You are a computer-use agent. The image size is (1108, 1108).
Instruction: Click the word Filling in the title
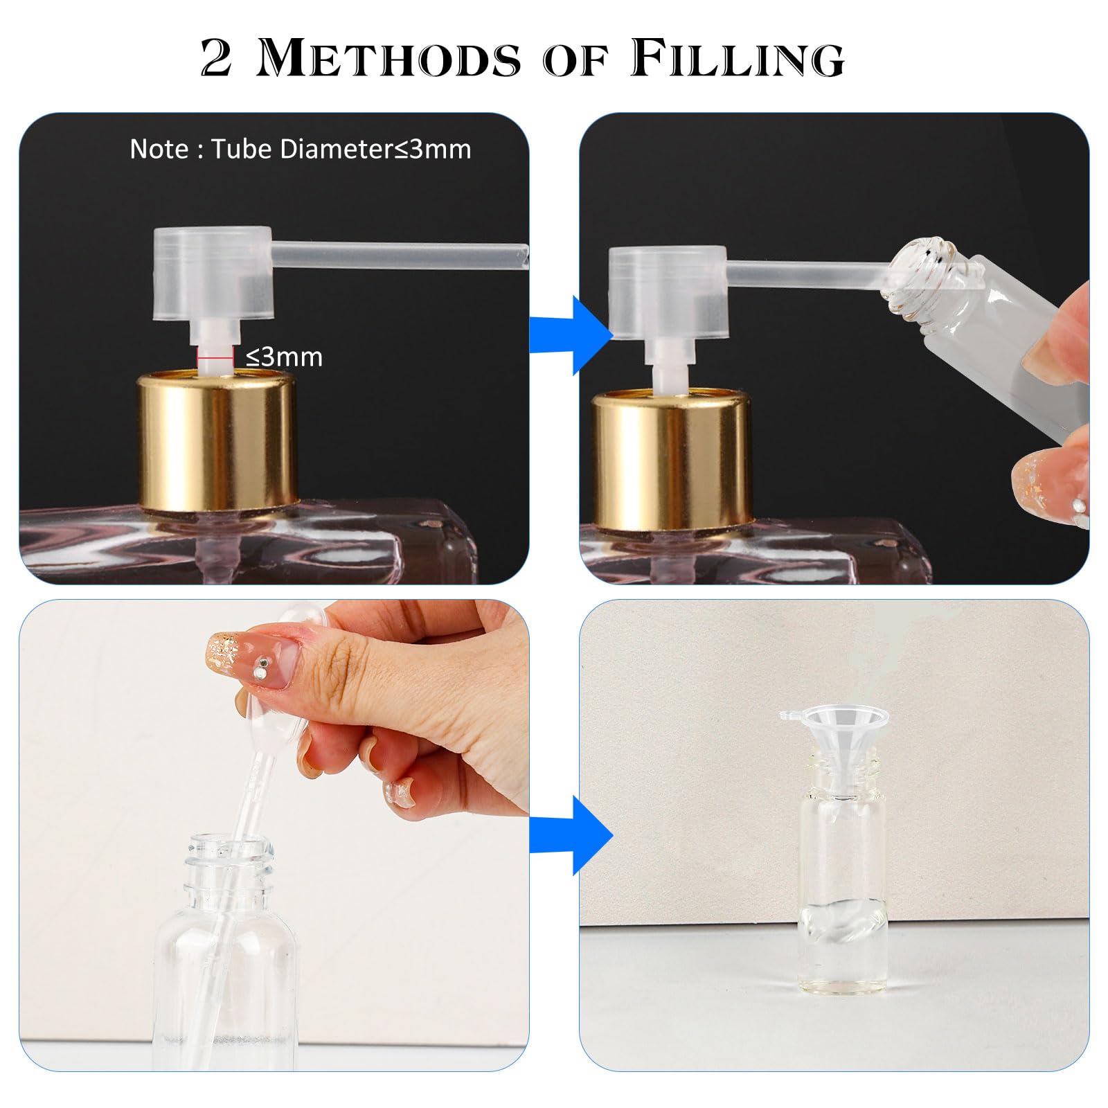pyautogui.click(x=738, y=58)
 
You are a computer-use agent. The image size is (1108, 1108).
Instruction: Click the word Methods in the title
pyautogui.click(x=388, y=58)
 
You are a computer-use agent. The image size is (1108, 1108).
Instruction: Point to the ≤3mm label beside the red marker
pyautogui.click(x=285, y=357)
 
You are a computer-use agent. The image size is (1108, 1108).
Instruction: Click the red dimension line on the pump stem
pyautogui.click(x=215, y=357)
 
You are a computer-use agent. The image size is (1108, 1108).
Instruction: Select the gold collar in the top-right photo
pyautogui.click(x=672, y=457)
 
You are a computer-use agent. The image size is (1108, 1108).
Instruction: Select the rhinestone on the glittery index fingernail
pyautogui.click(x=258, y=670)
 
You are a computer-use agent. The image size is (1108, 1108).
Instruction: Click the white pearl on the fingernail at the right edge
pyautogui.click(x=1078, y=506)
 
